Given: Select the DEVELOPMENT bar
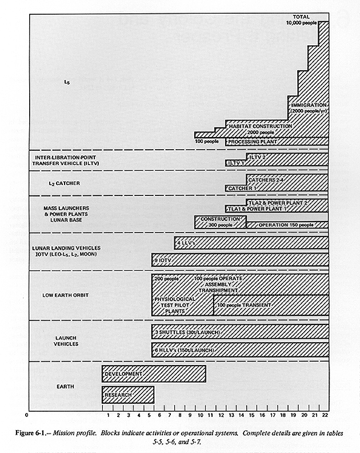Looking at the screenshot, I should coord(154,374).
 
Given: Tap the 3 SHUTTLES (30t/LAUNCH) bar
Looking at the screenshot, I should coord(240,332).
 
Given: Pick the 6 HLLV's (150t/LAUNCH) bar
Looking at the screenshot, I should coord(240,350).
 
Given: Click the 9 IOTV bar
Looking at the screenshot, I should coord(240,260).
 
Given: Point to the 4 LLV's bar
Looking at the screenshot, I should coord(251,243).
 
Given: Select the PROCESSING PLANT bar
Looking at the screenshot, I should coord(277,141).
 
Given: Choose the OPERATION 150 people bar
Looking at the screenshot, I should coord(287,225).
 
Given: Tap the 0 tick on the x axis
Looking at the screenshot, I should coord(26,415).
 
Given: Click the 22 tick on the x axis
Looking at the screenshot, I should coord(325,415).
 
